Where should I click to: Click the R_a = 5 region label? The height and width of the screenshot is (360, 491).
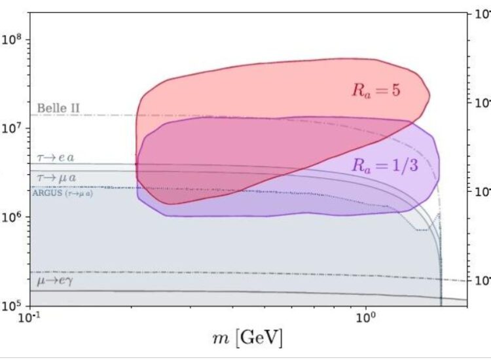[376, 91]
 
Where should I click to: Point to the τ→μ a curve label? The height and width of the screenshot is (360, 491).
[54, 177]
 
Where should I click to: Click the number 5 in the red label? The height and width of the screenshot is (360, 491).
[395, 91]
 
